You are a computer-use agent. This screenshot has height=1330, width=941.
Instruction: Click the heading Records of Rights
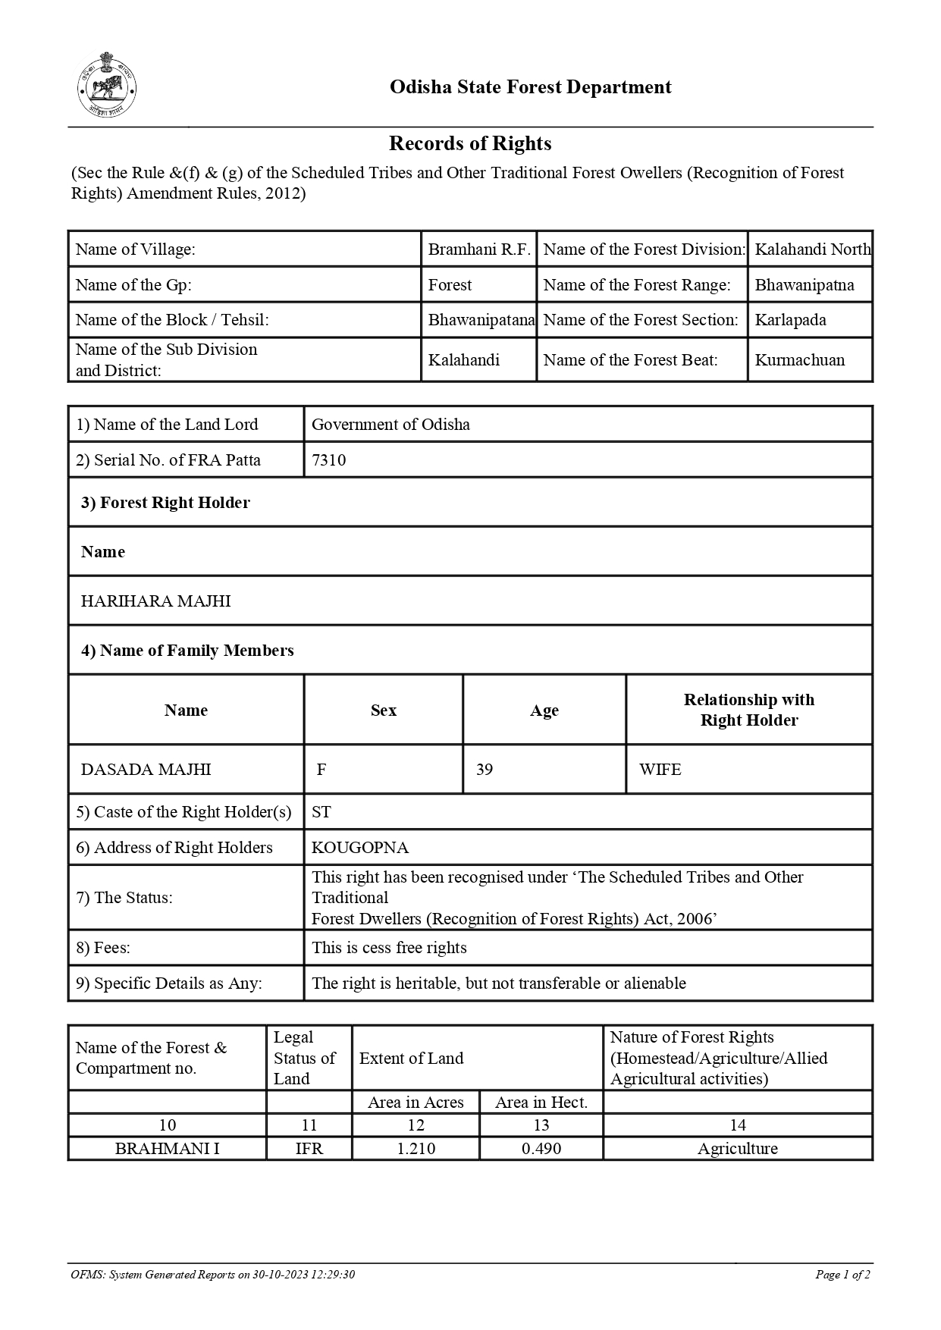point(470,143)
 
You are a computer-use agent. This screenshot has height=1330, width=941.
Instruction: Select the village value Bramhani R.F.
point(478,249)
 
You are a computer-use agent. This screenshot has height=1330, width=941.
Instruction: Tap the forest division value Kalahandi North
point(812,249)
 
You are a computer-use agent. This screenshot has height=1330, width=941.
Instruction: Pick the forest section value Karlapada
point(790,320)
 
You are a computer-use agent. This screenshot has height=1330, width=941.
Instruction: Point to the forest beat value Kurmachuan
point(799,360)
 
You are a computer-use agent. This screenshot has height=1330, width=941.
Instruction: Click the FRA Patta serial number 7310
point(328,460)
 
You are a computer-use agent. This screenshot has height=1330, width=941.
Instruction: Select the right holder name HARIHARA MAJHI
point(155,601)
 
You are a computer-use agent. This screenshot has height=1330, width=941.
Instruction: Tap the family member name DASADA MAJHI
point(146,770)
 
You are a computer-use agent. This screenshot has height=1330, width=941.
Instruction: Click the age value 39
point(485,770)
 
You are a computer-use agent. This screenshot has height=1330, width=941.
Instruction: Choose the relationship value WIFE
point(660,770)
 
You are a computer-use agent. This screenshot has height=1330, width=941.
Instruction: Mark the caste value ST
point(322,812)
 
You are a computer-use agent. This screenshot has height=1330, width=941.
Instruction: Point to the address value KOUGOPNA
point(360,848)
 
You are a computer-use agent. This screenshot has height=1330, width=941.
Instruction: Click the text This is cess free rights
point(389,948)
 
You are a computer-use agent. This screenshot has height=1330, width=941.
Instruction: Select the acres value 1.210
point(416,1149)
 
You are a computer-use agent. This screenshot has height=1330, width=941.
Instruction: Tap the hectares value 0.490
point(541,1149)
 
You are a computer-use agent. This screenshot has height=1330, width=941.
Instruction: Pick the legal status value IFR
point(309,1149)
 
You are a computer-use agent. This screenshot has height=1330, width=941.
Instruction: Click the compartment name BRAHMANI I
point(167,1149)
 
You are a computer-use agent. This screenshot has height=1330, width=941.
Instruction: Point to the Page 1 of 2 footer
point(842,1275)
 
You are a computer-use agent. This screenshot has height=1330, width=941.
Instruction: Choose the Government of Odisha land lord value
point(391,425)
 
